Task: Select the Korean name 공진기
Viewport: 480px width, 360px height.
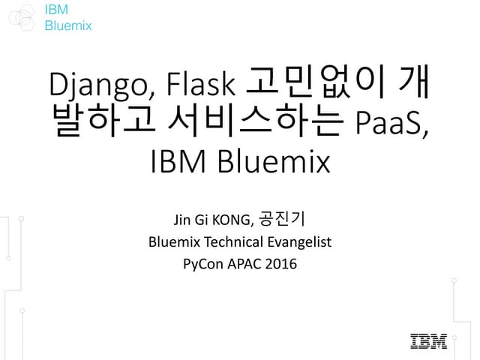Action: [280, 220]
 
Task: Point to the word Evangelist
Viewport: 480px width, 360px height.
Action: [300, 242]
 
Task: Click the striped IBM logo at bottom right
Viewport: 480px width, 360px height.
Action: [428, 341]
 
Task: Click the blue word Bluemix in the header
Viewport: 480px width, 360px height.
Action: [68, 25]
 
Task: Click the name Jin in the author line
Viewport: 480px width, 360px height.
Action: [181, 220]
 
